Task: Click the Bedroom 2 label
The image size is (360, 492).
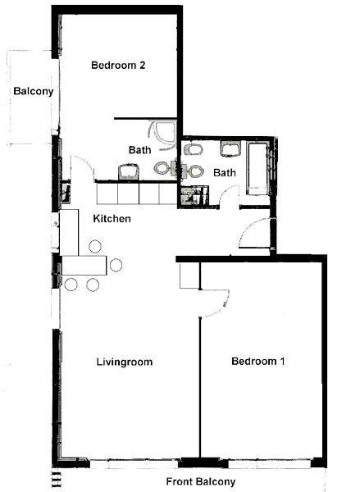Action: point(118,66)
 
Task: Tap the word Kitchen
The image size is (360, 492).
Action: point(112,218)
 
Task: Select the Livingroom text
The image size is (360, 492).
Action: point(125,362)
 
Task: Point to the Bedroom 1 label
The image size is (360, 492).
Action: point(258,361)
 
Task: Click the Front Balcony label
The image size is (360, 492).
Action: point(201,481)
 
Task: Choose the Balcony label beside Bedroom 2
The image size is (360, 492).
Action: point(34,91)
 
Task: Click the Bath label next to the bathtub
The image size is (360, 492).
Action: point(225,172)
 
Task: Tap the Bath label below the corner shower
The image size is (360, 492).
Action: point(139,150)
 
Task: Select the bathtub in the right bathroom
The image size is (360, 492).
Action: point(257,169)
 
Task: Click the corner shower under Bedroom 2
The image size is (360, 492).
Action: point(162,134)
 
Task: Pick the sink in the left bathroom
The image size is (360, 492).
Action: point(129,171)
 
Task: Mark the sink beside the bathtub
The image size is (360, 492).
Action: point(230,148)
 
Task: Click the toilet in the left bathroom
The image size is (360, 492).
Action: point(165,168)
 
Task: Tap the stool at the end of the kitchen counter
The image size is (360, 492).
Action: point(116,265)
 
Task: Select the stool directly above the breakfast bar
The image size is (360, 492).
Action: point(95,246)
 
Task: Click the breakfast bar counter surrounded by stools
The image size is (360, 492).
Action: point(84,266)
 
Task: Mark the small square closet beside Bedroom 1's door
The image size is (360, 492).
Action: point(189,276)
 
